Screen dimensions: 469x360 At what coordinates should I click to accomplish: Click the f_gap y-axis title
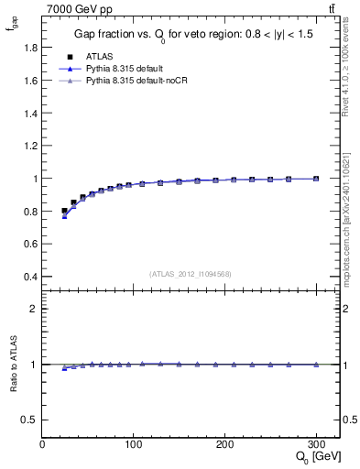[x=11, y=27]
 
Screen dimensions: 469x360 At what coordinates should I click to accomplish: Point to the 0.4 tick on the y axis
[x=32, y=277]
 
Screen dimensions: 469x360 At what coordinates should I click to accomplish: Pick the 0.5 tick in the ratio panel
[x=32, y=420]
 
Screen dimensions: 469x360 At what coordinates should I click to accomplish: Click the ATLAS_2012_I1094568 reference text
[x=191, y=274]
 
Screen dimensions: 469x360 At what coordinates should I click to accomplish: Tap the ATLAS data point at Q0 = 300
[x=316, y=179]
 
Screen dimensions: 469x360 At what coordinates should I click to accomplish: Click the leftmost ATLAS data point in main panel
[x=64, y=211]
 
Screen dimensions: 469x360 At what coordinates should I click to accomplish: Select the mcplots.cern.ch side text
[x=352, y=216]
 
